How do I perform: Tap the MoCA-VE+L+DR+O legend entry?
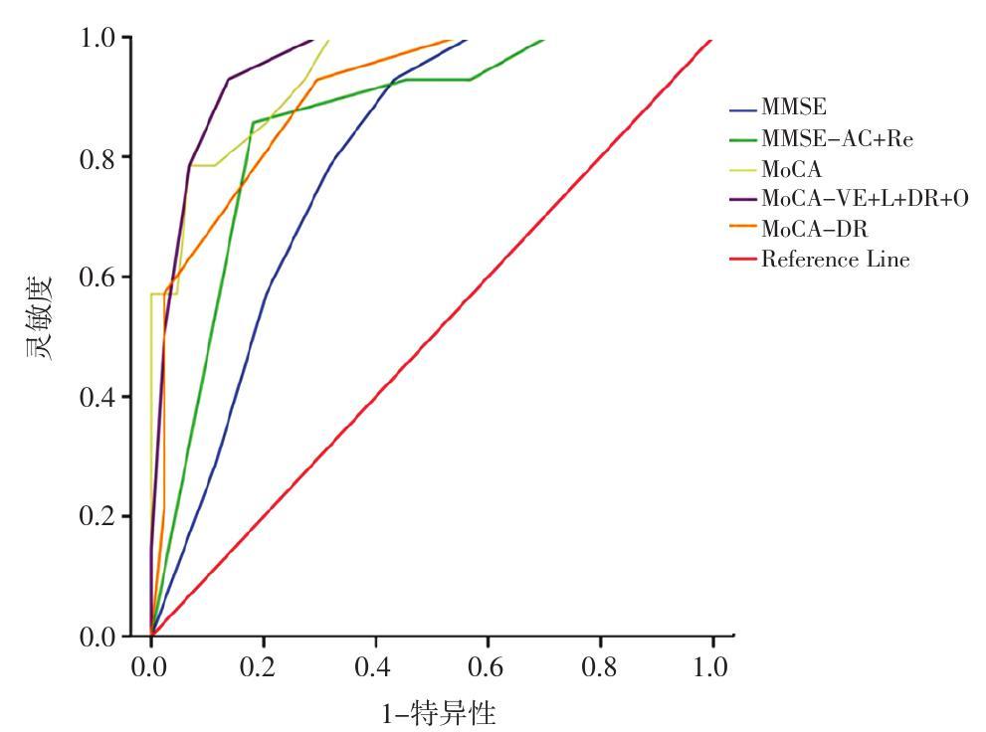864,199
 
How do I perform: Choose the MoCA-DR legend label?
814,230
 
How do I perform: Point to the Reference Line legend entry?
835,260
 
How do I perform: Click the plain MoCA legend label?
792,169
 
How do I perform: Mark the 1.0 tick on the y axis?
99,38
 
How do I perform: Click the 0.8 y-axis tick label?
99,157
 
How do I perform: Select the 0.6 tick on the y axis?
99,276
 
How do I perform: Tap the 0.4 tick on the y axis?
99,397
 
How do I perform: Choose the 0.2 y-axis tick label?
99,516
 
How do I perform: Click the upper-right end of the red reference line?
711,40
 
